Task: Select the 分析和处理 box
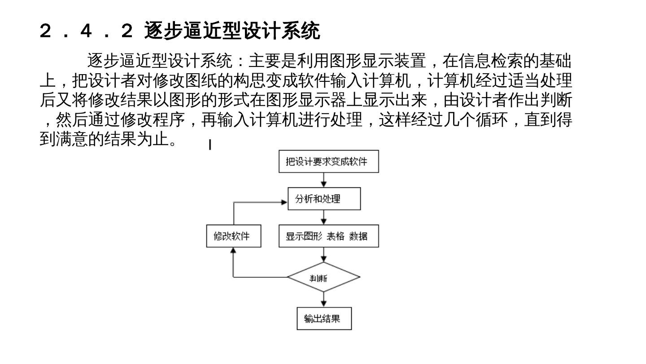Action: click(324, 199)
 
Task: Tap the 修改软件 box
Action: click(234, 236)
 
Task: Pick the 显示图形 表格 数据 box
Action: click(328, 236)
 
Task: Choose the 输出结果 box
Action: click(324, 319)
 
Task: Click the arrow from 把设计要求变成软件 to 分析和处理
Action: click(324, 180)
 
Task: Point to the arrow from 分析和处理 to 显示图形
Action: click(324, 218)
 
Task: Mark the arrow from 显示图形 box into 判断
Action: click(324, 255)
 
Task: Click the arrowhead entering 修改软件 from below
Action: click(233, 251)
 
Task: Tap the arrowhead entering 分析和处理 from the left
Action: click(284, 202)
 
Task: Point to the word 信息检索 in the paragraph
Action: click(491, 60)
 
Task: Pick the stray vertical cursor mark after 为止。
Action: click(210, 145)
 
